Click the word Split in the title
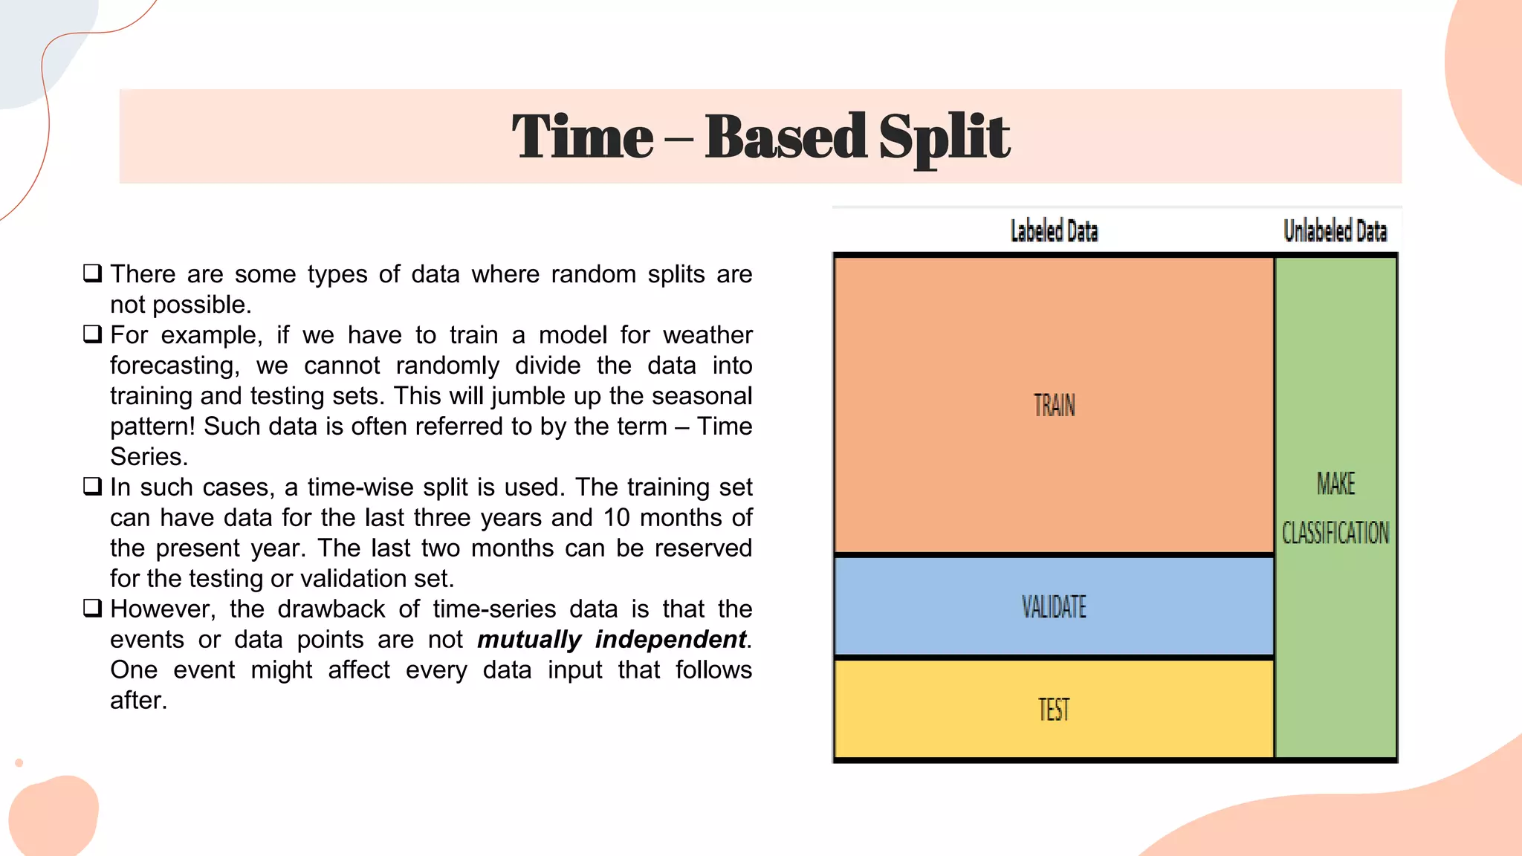pyautogui.click(x=944, y=138)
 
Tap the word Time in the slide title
pyautogui.click(x=583, y=138)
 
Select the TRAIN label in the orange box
pyautogui.click(x=1054, y=406)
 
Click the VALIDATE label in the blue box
pyautogui.click(x=1054, y=607)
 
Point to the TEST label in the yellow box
pyautogui.click(x=1054, y=710)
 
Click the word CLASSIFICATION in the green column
pyautogui.click(x=1335, y=533)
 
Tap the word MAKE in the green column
pyautogui.click(x=1335, y=484)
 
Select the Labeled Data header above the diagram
pyautogui.click(x=1054, y=231)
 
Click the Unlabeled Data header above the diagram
pyautogui.click(x=1335, y=231)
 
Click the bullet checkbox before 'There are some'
pyautogui.click(x=92, y=273)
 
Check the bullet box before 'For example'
pyautogui.click(x=92, y=334)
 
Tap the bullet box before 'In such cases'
pyautogui.click(x=92, y=486)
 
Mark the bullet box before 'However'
pyautogui.click(x=92, y=608)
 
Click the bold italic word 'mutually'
pyautogui.click(x=529, y=640)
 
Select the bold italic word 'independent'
pyautogui.click(x=670, y=640)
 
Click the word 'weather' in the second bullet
pyautogui.click(x=707, y=335)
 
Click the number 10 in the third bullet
pyautogui.click(x=616, y=518)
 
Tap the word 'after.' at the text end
pyautogui.click(x=138, y=701)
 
